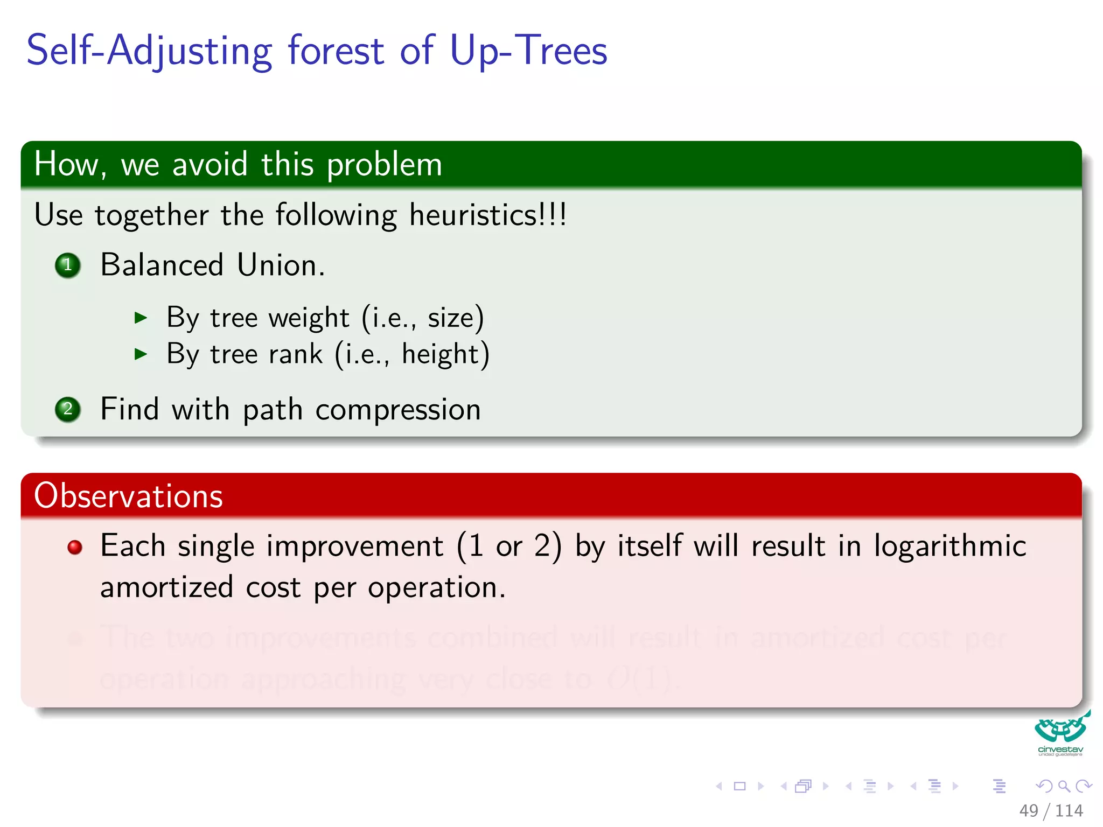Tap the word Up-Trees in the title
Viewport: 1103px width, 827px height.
click(x=528, y=51)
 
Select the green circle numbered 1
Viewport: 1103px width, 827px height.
click(x=68, y=265)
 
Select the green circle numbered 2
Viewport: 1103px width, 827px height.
click(x=68, y=410)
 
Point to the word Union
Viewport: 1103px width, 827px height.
click(x=281, y=265)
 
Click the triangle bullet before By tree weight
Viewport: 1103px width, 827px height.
click(x=141, y=318)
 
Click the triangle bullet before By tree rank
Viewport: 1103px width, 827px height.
click(x=141, y=354)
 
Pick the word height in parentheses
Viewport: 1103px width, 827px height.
click(x=440, y=354)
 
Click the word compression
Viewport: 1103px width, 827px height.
click(x=398, y=410)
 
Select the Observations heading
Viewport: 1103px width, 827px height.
click(x=128, y=495)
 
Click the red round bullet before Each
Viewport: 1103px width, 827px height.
click(x=75, y=548)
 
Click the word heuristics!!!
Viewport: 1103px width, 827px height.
click(x=487, y=215)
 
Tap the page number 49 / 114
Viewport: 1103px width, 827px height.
click(x=1050, y=810)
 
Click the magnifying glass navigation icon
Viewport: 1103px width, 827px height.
click(x=1063, y=786)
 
